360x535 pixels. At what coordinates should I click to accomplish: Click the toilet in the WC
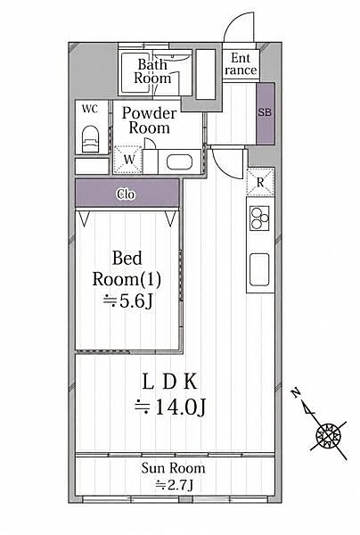coord(90,139)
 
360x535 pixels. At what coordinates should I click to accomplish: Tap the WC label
coord(90,109)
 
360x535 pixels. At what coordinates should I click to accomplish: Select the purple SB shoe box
coord(266,113)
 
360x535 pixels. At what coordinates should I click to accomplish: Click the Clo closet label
coord(126,194)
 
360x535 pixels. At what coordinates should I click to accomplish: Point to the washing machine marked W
coord(127,160)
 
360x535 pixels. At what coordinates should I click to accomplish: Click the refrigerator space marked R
coord(260,182)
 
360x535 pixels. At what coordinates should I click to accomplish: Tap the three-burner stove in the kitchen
coord(259,218)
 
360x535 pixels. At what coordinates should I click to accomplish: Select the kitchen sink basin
coord(259,269)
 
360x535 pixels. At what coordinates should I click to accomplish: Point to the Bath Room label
coord(152,71)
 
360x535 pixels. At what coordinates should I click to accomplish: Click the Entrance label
coord(241,64)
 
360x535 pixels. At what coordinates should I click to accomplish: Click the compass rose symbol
coord(328,436)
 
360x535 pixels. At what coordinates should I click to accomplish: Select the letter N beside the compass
coord(296,393)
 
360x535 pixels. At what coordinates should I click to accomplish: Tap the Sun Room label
coord(173,468)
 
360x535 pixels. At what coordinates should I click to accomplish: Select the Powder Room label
coord(150,120)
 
